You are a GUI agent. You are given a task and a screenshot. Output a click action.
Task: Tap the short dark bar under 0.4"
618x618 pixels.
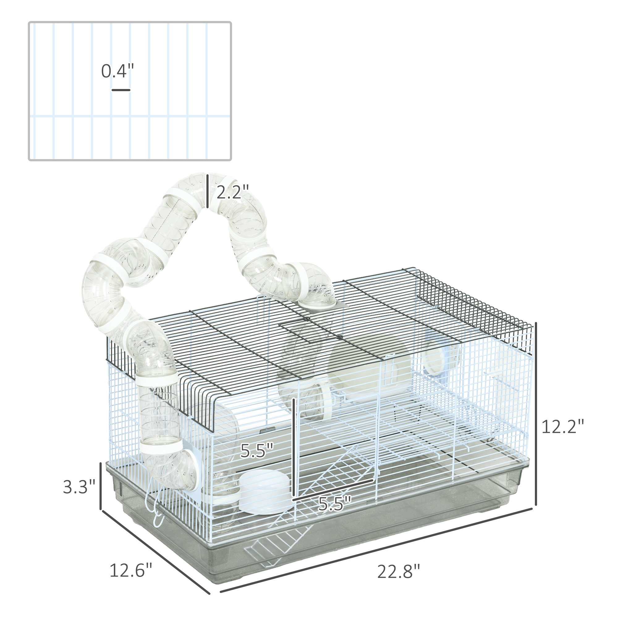121,90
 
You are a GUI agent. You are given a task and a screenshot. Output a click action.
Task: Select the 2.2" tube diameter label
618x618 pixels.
233,192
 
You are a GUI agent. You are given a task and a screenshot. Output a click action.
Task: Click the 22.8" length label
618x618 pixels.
398,572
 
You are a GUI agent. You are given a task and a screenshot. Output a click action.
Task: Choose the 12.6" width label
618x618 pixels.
131,570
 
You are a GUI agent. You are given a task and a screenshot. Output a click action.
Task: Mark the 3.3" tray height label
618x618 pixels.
79,487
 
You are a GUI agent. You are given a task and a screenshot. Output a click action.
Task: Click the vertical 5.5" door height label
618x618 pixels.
257,451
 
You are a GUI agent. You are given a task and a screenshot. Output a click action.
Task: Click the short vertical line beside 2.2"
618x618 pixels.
208,191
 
